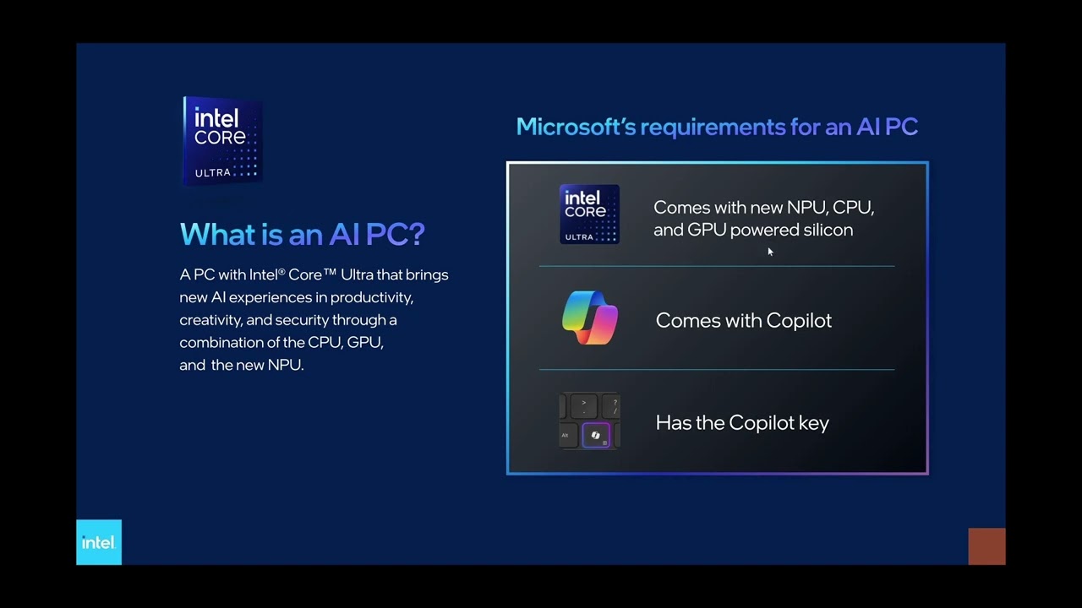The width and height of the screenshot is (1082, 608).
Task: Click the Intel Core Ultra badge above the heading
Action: click(x=222, y=140)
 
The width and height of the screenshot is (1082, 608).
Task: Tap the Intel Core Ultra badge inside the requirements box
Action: click(x=589, y=214)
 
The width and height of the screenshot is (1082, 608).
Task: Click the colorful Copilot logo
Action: click(x=590, y=318)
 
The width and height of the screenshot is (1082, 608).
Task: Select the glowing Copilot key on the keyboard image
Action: click(x=596, y=435)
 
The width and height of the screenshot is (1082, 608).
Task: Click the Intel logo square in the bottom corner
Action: click(x=99, y=542)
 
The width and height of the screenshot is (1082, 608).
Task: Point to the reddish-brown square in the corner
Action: click(x=986, y=546)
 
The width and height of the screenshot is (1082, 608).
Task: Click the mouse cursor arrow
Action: click(x=769, y=251)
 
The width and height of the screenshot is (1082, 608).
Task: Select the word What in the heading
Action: click(x=215, y=234)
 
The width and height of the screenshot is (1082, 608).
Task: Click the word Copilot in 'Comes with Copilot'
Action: click(x=798, y=321)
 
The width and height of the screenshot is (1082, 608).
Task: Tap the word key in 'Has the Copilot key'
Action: click(x=813, y=423)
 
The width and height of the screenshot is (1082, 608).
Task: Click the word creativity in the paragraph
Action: click(x=211, y=321)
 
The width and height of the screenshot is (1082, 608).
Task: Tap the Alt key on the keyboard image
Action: click(x=565, y=436)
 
